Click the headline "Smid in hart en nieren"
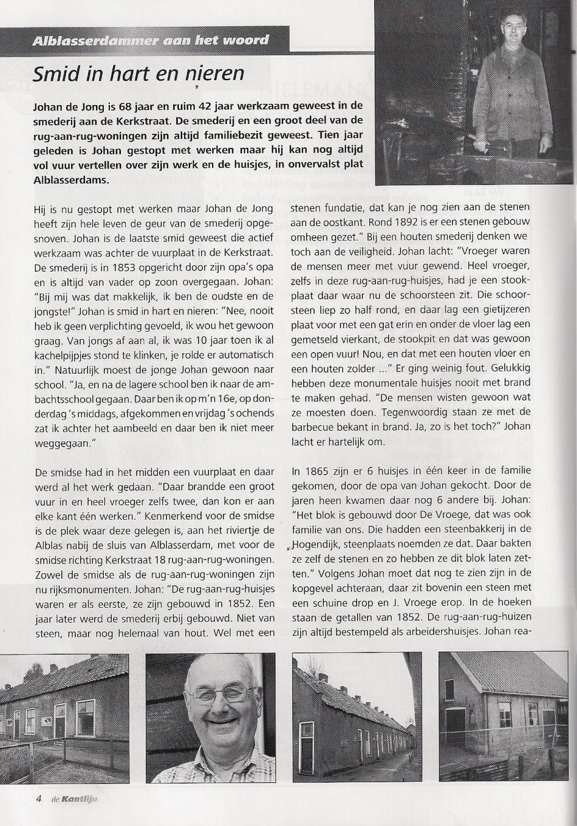138,74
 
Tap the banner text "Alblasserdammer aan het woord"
151,41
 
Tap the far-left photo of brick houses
64,717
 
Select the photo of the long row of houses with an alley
357,717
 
